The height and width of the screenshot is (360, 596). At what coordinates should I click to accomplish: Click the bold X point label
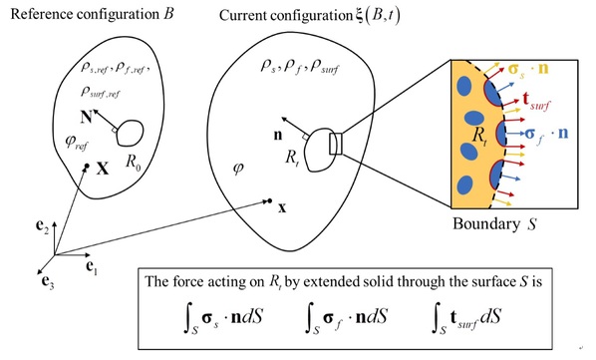pyautogui.click(x=103, y=169)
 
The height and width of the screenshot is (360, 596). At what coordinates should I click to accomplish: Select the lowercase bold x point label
pyautogui.click(x=282, y=208)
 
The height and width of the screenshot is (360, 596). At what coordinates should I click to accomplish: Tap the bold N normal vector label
pyautogui.click(x=87, y=117)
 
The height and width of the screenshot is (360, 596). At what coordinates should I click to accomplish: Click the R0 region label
pyautogui.click(x=133, y=163)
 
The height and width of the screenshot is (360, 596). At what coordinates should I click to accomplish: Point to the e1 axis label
pyautogui.click(x=92, y=267)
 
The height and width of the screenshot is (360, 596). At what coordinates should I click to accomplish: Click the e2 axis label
pyautogui.click(x=42, y=226)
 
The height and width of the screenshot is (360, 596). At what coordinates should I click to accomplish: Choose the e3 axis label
pyautogui.click(x=48, y=282)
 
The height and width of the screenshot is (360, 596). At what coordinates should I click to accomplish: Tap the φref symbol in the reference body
pyautogui.click(x=77, y=143)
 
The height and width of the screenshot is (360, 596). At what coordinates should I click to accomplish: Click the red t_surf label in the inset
pyautogui.click(x=535, y=101)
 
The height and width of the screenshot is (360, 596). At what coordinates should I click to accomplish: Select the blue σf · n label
pyautogui.click(x=546, y=134)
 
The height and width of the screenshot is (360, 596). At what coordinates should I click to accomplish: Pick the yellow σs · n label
pyautogui.click(x=528, y=69)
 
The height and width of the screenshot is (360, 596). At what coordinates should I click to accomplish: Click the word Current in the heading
pyautogui.click(x=242, y=16)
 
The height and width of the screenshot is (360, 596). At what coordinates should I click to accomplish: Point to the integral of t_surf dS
pyautogui.click(x=466, y=318)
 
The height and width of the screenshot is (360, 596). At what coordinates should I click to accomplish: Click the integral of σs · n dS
pyautogui.click(x=222, y=318)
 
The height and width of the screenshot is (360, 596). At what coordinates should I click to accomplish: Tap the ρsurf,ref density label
pyautogui.click(x=101, y=93)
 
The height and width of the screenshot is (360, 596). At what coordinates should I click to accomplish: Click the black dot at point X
pyautogui.click(x=87, y=167)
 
